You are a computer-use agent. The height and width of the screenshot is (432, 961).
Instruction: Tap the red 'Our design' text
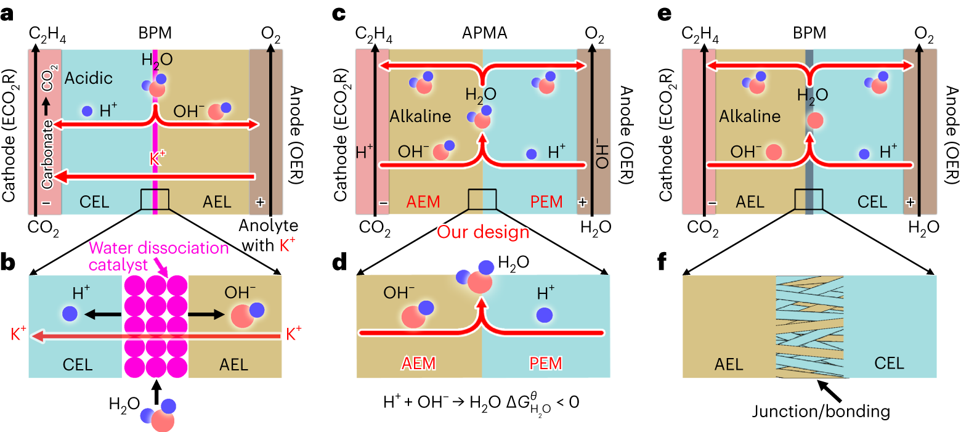tap(483, 232)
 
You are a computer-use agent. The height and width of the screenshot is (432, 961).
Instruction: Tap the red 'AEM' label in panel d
tap(418, 364)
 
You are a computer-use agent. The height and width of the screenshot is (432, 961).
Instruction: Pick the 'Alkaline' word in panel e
tap(750, 116)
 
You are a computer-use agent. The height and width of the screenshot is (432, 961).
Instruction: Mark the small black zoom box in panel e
tap(809, 200)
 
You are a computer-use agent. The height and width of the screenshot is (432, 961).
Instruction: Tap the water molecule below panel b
tap(159, 414)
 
